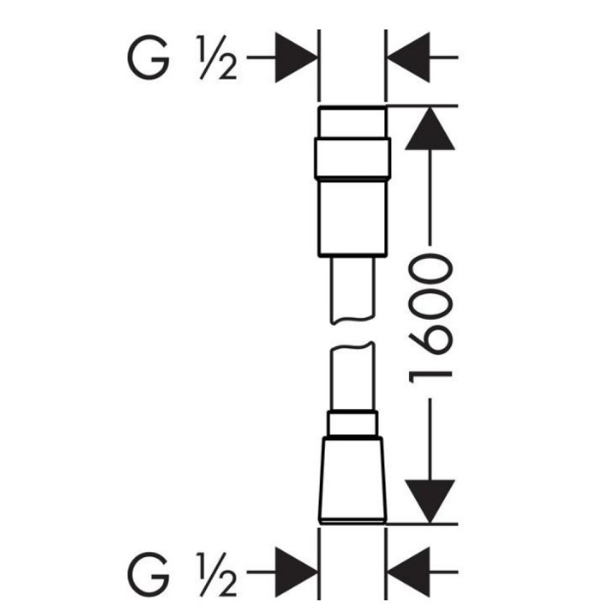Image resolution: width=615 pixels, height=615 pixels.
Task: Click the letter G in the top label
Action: coord(148,57)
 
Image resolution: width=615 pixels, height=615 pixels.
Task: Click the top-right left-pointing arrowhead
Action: coord(408,57)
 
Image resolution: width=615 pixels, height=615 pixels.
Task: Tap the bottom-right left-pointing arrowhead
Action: coord(408,572)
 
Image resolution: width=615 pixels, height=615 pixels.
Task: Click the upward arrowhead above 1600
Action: coord(430,129)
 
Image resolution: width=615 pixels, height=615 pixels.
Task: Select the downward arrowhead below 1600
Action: coord(430,501)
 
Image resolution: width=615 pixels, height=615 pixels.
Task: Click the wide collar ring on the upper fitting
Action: coord(352,158)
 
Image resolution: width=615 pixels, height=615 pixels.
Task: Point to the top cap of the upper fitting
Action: coord(352,122)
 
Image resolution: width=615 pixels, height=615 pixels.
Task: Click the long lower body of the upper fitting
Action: coord(352,218)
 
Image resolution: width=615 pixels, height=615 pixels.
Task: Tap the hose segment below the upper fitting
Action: coord(352,290)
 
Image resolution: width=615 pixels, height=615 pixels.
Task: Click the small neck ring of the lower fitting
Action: coord(352,424)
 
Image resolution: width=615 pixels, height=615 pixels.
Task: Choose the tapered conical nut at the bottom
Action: coord(352,480)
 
